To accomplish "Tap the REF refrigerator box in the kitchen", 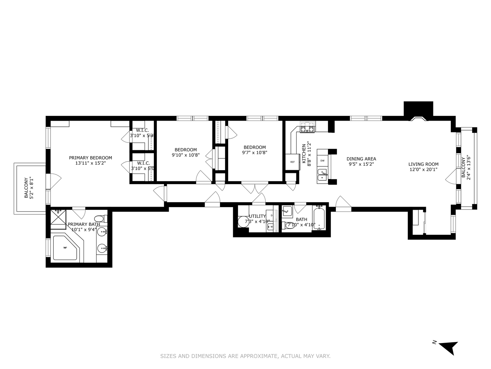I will click(293, 162).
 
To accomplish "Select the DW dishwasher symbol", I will click(322, 161).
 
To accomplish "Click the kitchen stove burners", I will click(307, 127).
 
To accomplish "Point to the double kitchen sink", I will click(322, 175).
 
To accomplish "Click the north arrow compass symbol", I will click(448, 347).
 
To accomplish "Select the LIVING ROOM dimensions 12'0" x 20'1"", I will click(423, 169).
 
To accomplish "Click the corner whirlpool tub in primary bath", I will click(65, 248).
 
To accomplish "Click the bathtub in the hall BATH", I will click(319, 219).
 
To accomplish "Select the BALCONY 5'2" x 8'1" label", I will click(28, 188).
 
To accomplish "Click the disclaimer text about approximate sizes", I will click(245, 356).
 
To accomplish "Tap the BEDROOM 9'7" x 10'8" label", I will click(254, 150).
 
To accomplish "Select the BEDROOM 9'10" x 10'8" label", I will click(185, 152).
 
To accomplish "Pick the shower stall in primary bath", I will click(58, 218).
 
